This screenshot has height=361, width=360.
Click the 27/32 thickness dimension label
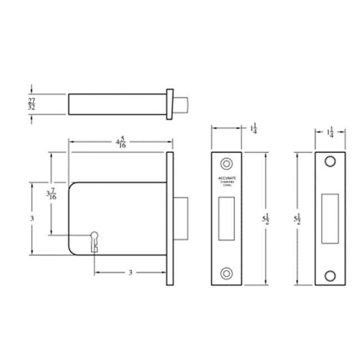tap(32, 104)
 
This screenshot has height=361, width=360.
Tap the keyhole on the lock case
tap(95, 241)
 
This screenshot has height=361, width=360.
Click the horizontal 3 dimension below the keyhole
tap(130, 273)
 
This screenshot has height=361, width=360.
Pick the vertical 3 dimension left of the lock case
tap(32, 218)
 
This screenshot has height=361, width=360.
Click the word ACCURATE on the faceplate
tap(227, 178)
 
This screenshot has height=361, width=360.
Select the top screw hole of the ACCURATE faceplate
tap(227, 163)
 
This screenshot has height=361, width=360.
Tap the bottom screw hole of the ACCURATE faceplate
tap(227, 273)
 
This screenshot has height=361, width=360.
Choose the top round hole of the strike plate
tap(330, 161)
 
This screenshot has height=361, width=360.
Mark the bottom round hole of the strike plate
tap(330, 276)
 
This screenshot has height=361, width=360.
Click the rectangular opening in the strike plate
tap(330, 218)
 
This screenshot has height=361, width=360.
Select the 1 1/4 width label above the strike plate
tap(330, 132)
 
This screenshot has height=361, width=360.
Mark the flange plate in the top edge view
tap(169, 104)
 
